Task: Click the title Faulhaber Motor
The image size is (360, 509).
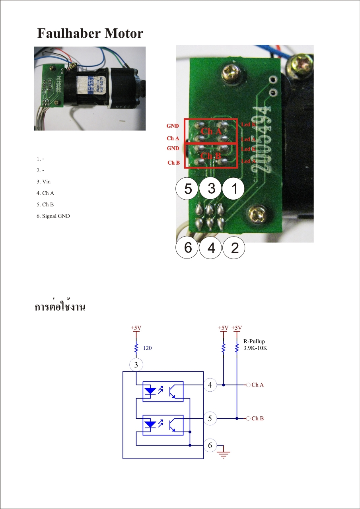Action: pos(90,33)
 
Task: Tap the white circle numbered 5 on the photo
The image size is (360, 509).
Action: pos(188,189)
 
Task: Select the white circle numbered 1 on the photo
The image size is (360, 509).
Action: pos(234,189)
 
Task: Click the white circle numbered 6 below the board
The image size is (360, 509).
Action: pos(188,248)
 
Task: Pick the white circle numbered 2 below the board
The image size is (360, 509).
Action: pos(234,248)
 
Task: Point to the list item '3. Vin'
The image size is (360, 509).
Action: pos(43,182)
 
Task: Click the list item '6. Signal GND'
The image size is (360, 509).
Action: pos(53,216)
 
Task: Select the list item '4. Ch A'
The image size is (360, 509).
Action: pos(45,193)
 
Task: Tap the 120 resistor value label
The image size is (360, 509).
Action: pos(147,348)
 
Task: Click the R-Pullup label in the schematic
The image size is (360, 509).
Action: pos(254,341)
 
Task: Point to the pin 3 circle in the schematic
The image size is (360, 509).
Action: pos(136,365)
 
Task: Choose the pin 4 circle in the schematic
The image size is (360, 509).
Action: pos(210,385)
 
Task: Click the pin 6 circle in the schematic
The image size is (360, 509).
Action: pos(210,445)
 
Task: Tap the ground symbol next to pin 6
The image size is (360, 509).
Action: pos(224,453)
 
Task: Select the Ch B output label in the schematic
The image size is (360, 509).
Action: pos(257,418)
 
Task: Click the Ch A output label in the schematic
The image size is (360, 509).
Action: pos(257,385)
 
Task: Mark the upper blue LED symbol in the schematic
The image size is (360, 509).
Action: pos(150,390)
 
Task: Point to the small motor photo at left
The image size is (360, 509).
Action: pos(90,88)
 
